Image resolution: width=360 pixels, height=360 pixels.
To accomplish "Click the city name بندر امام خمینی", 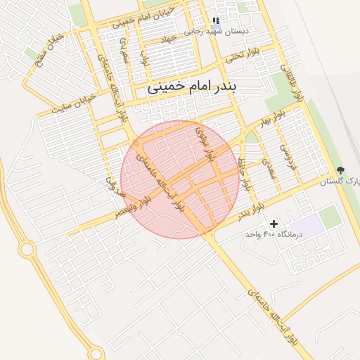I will (193, 89).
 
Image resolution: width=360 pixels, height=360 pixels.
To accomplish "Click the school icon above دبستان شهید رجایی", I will (215, 22).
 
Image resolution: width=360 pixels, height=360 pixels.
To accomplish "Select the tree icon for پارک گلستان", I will (341, 170).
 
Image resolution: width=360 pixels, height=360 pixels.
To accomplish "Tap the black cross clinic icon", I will (274, 223).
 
